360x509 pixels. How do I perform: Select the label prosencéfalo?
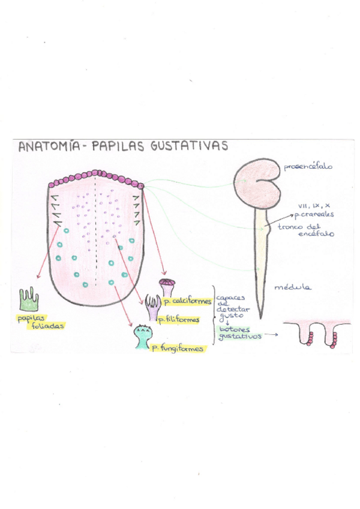308,166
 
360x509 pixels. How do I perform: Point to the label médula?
292,287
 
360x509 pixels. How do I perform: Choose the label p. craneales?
314,214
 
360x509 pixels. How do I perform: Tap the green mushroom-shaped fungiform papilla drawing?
142,336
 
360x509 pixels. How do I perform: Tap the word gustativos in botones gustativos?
239,336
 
